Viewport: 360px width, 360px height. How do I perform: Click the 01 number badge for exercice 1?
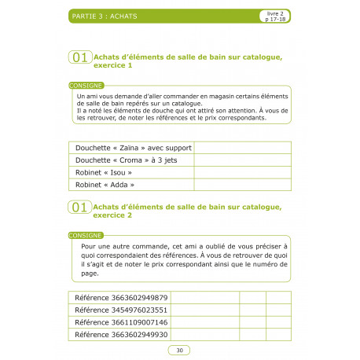click(x=79, y=57)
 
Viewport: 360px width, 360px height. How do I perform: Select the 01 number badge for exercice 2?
click(x=79, y=208)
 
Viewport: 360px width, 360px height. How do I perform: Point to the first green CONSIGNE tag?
click(x=84, y=84)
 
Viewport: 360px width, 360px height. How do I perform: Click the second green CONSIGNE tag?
click(x=84, y=235)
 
